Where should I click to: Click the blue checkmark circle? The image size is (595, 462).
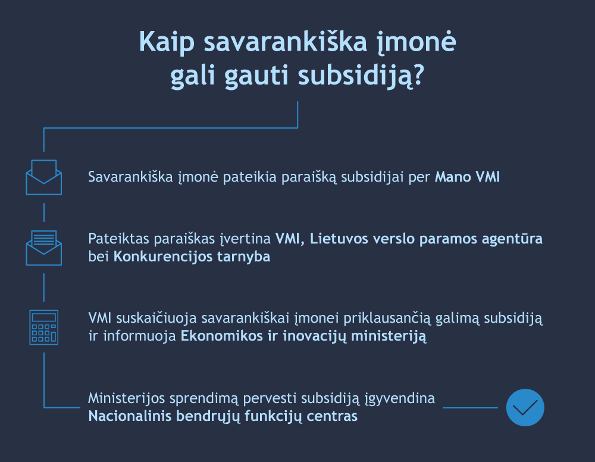525,407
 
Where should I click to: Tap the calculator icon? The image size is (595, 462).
43,327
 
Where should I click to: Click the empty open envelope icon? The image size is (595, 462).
43,177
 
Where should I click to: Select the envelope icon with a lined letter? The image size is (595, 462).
43,248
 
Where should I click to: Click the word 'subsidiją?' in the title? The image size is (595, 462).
361,76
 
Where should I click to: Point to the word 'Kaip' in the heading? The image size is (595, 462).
167,42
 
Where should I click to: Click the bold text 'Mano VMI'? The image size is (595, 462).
467,177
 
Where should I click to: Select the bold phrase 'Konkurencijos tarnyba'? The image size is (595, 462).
192,257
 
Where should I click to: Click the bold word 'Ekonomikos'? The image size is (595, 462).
221,336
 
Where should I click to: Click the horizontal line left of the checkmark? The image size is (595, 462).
470,408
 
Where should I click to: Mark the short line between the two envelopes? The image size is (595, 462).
44,212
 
